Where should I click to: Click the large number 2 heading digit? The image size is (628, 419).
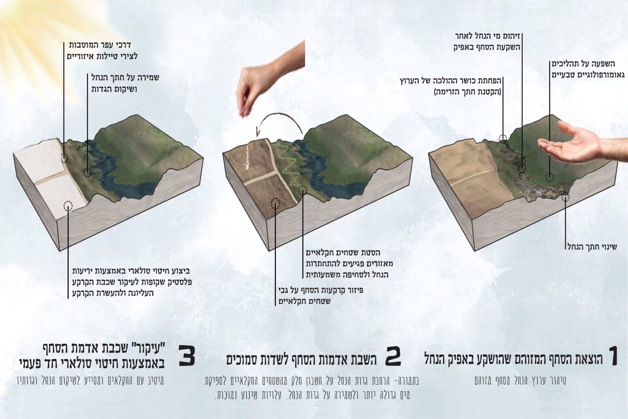393,356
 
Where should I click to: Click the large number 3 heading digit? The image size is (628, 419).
187,356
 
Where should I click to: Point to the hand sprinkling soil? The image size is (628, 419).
270,80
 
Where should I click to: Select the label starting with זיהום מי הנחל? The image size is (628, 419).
487,42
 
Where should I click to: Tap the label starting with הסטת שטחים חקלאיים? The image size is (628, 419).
349,263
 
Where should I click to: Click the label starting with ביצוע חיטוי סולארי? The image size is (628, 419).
132,282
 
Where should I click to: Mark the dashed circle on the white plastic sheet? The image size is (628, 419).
68,206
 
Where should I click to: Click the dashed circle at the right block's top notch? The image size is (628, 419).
503,138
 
